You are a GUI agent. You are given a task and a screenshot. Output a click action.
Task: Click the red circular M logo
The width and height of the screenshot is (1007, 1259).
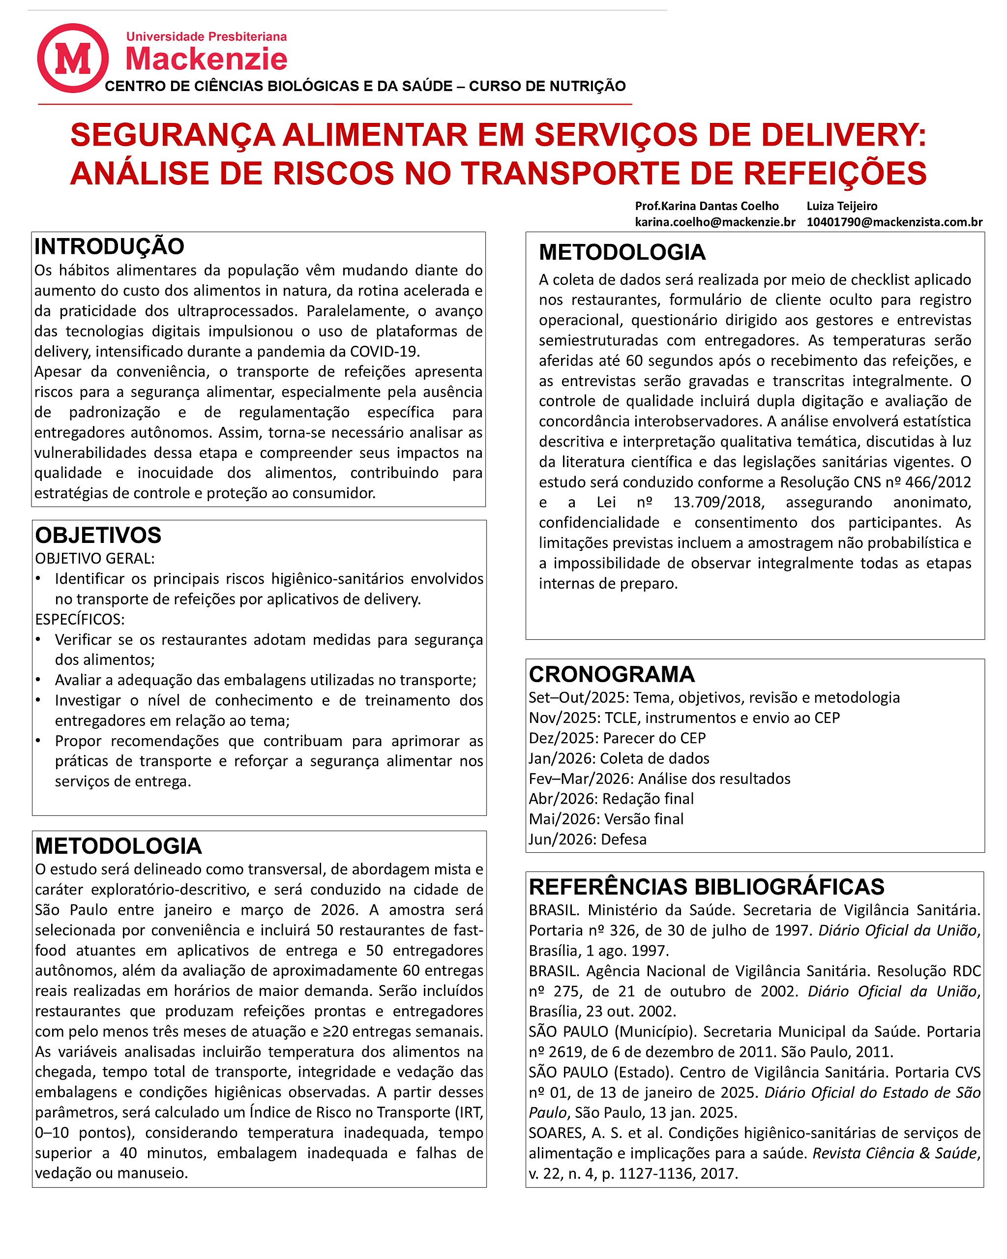[73, 58]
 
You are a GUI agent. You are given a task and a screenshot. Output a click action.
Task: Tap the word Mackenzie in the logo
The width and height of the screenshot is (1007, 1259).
[207, 59]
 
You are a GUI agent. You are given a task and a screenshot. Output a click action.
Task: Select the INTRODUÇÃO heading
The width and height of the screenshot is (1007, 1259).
[109, 246]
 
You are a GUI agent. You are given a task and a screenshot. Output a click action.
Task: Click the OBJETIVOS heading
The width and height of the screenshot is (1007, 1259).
[98, 535]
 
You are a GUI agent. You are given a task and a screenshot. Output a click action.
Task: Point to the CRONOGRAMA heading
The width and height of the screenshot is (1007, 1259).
[611, 674]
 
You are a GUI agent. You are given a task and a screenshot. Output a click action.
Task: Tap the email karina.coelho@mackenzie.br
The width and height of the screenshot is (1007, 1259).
[714, 222]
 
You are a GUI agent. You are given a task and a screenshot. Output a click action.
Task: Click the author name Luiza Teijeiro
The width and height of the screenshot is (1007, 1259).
[841, 206]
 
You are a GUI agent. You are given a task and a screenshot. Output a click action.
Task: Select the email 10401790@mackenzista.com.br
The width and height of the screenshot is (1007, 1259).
[894, 222]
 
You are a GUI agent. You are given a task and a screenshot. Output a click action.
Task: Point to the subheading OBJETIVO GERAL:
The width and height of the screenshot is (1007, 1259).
[94, 558]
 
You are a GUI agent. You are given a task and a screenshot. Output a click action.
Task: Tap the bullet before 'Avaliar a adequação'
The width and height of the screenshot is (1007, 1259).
[38, 680]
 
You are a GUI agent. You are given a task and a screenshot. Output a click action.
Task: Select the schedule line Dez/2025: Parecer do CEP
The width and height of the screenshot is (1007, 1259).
[617, 738]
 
